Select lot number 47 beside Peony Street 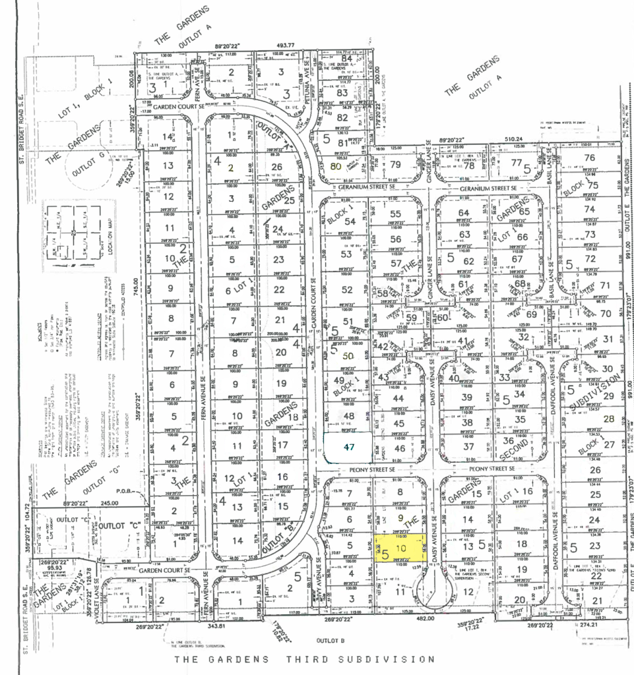click(350, 446)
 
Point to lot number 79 click(395, 165)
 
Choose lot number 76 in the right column click(589, 157)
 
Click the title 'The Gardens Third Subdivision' click(304, 659)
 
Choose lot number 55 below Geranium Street click(395, 214)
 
